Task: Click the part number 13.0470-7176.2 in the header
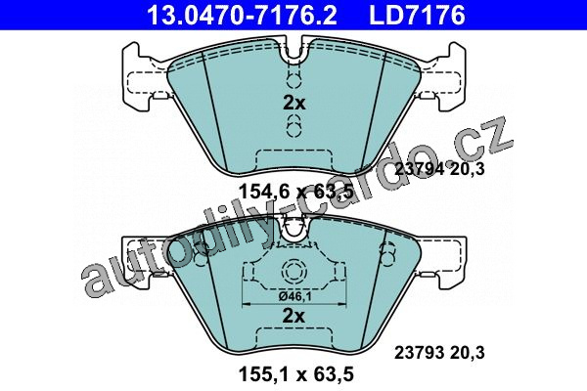[242, 15]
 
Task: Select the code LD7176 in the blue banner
[417, 15]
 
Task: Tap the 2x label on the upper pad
[293, 103]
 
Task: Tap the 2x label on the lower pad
[293, 316]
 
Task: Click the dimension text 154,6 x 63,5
[295, 192]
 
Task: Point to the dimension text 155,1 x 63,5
[295, 374]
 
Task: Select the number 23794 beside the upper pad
[420, 169]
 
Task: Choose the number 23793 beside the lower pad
[420, 353]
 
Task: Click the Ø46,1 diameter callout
[295, 296]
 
